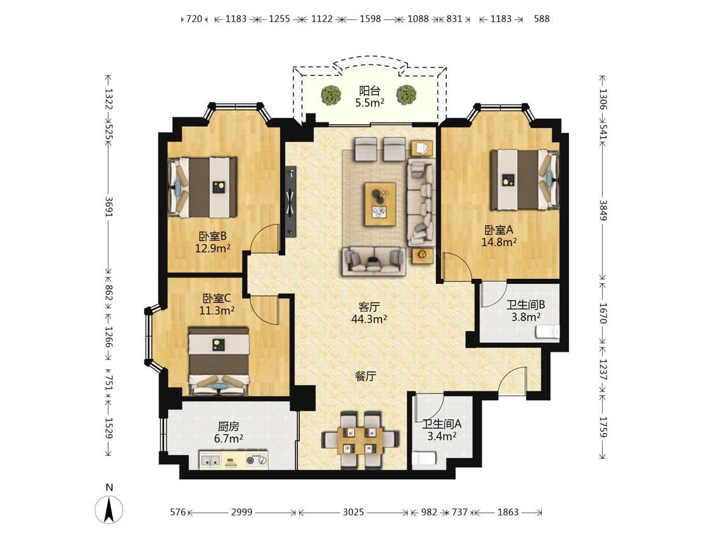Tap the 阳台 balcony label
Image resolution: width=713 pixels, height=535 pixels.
click(369, 91)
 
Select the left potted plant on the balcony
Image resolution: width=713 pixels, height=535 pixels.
click(331, 95)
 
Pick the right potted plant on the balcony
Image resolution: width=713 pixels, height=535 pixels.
click(406, 95)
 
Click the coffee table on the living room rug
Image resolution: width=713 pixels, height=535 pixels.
click(380, 204)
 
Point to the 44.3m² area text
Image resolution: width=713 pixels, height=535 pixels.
click(369, 319)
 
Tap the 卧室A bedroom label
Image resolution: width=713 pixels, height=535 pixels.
click(499, 230)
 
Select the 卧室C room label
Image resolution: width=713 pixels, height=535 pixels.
click(217, 299)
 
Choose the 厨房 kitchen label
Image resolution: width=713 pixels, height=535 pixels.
click(228, 427)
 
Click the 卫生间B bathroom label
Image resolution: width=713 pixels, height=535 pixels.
click(525, 305)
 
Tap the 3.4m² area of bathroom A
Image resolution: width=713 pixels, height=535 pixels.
click(442, 436)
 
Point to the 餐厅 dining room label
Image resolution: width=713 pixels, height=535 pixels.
click(366, 377)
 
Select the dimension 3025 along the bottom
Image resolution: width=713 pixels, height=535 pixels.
click(353, 512)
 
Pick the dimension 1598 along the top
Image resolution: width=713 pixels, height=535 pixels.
click(370, 18)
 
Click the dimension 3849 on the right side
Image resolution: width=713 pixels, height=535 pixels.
click(603, 210)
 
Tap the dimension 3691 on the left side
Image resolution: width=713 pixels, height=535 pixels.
click(109, 206)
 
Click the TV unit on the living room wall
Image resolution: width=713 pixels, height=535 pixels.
click(290, 202)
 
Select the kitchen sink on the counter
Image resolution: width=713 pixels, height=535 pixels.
click(210, 461)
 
